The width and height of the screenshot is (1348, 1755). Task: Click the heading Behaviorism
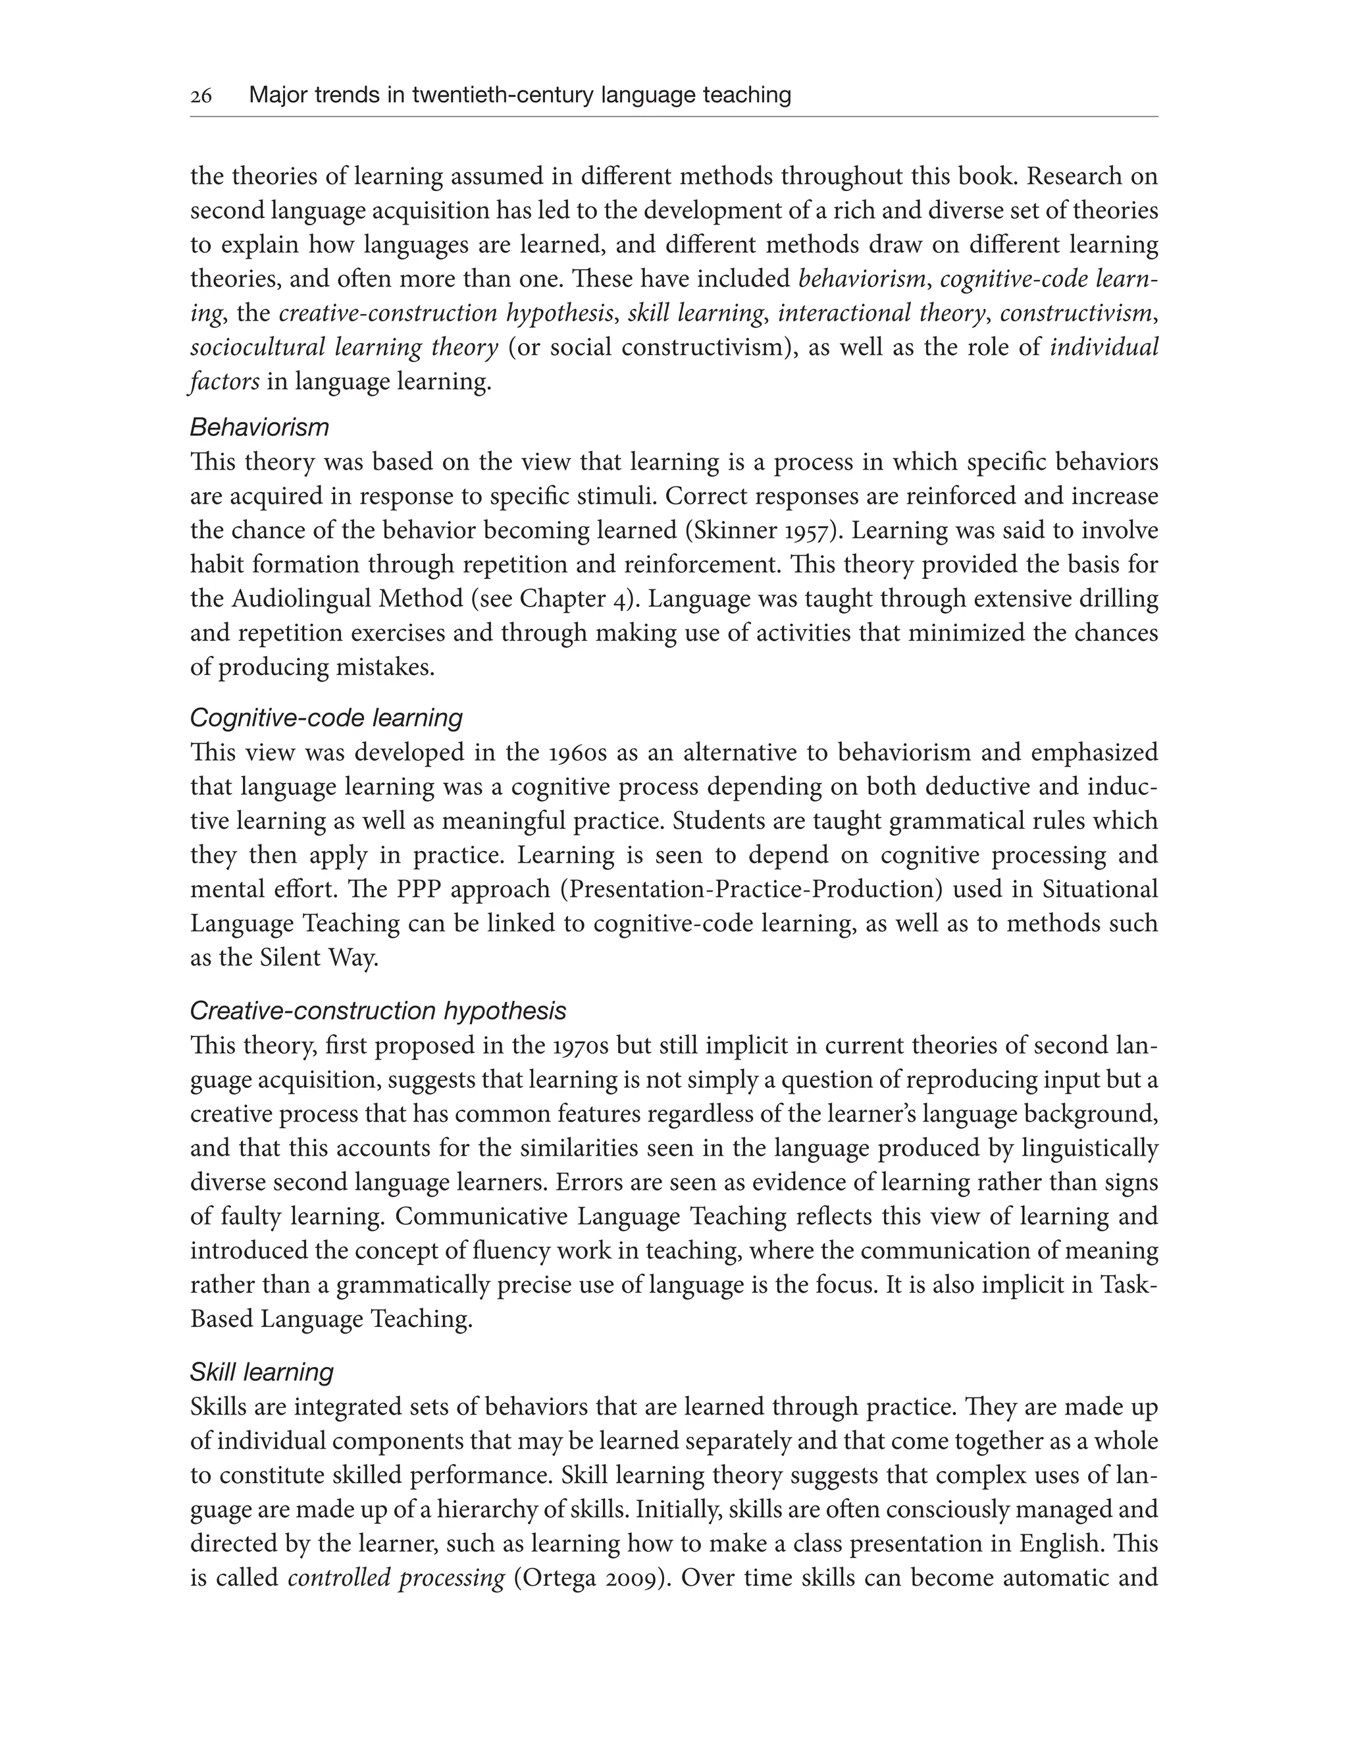[259, 427]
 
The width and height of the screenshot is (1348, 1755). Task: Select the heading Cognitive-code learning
[326, 718]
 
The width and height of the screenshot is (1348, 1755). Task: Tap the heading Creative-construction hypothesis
[378, 1011]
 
